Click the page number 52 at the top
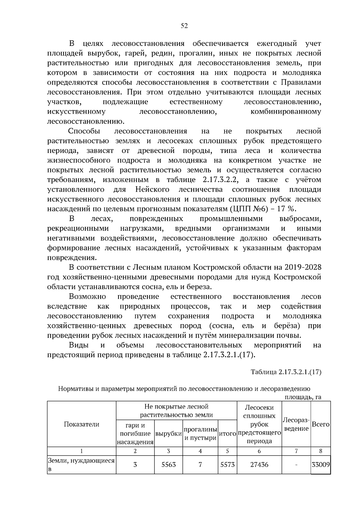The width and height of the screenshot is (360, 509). click(x=184, y=26)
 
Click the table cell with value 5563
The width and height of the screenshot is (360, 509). click(x=169, y=465)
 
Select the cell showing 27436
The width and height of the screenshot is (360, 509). click(x=259, y=465)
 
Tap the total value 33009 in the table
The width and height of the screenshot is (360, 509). click(x=321, y=465)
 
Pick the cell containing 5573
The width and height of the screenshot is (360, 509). click(x=227, y=465)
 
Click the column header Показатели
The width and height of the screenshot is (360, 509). click(x=82, y=424)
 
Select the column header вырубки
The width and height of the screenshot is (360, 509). click(x=169, y=433)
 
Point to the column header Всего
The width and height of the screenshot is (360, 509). click(x=321, y=424)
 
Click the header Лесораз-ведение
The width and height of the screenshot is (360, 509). click(x=296, y=424)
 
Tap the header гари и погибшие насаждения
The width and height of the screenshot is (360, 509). click(x=135, y=433)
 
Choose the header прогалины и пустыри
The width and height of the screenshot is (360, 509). click(x=200, y=433)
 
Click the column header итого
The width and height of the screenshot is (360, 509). click(x=227, y=433)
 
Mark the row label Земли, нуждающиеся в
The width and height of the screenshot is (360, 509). click(x=82, y=465)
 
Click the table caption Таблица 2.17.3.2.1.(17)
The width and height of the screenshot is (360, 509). click(x=286, y=372)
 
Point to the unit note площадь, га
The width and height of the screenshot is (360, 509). click(x=303, y=397)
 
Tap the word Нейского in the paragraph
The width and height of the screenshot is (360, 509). click(x=152, y=190)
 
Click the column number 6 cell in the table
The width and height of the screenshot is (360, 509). click(x=259, y=451)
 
